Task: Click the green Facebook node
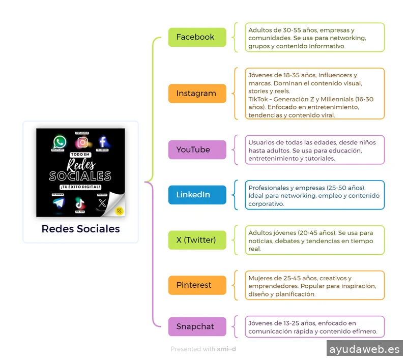(x=197, y=37)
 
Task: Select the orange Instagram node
(x=197, y=94)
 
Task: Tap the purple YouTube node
(x=197, y=150)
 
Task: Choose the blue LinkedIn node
(x=197, y=195)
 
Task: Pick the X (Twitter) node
(x=197, y=240)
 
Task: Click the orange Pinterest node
(x=197, y=285)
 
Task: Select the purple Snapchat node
(x=197, y=326)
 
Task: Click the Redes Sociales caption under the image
(x=80, y=229)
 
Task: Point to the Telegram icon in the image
(x=59, y=202)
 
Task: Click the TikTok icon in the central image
(x=80, y=203)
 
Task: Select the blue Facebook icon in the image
(x=102, y=142)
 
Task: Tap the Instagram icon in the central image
(x=81, y=142)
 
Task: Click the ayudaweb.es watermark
(x=364, y=349)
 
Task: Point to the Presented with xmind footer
(x=203, y=349)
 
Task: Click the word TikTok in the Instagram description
(x=258, y=99)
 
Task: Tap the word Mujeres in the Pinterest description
(x=260, y=278)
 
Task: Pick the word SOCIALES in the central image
(x=80, y=176)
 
